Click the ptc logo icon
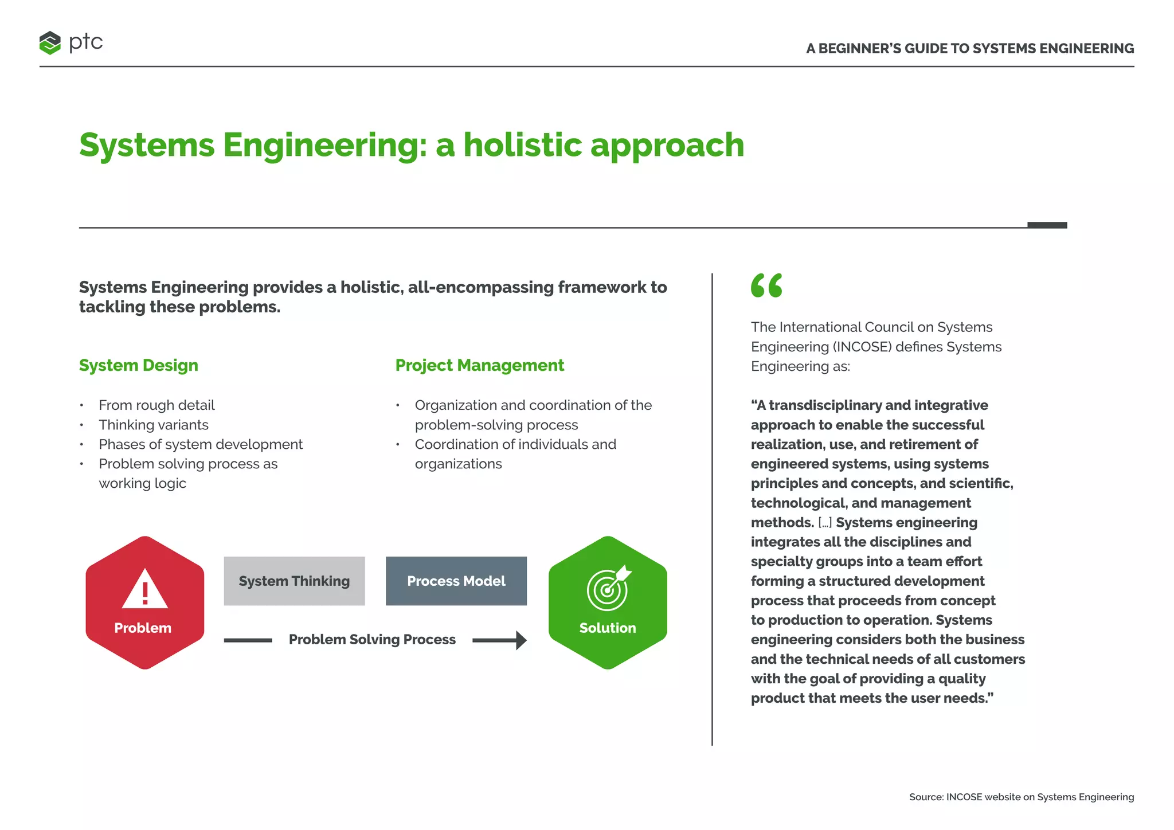(50, 43)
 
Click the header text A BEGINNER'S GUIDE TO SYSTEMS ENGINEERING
(969, 49)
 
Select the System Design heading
(138, 365)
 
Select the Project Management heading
(479, 365)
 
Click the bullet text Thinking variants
(153, 425)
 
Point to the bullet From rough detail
(156, 405)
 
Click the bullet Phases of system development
(200, 444)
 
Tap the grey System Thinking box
(294, 581)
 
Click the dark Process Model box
(456, 581)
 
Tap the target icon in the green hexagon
(608, 589)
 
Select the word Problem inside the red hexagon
(143, 628)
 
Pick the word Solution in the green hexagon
(608, 628)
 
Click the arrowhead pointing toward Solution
(520, 640)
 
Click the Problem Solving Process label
(372, 640)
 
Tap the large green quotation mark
(766, 285)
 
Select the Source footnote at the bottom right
(1021, 797)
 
